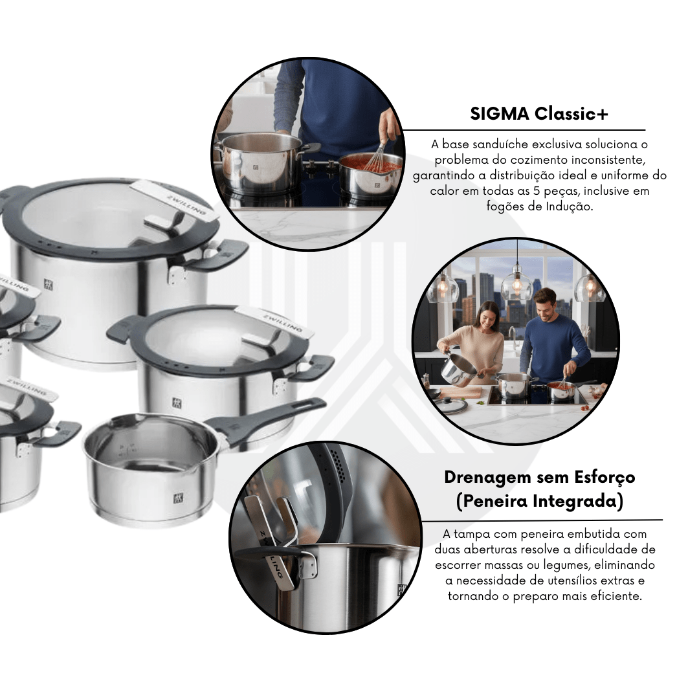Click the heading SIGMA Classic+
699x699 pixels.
pyautogui.click(x=539, y=114)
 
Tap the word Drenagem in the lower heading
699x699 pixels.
pyautogui.click(x=489, y=478)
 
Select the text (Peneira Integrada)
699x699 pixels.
pyautogui.click(x=539, y=500)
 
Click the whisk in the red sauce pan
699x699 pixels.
pyautogui.click(x=377, y=156)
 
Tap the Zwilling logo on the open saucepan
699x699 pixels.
pyautogui.click(x=179, y=498)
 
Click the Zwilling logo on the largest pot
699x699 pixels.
pyautogui.click(x=48, y=284)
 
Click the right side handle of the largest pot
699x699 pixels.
pyautogui.click(x=218, y=254)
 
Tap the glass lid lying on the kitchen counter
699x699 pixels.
pyautogui.click(x=451, y=405)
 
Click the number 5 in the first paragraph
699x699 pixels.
pyautogui.click(x=536, y=191)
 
